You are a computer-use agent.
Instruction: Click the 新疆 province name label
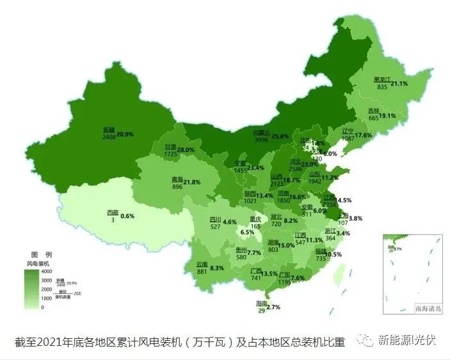coord(109,129)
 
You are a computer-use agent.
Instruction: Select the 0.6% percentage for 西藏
coord(127,216)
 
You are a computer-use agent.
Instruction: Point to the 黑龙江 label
coord(382,80)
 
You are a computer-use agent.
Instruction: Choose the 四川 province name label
coord(215,220)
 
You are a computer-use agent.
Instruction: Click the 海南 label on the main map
coord(262,303)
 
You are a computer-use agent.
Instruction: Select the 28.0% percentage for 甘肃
coord(185,150)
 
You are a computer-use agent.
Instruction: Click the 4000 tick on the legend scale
coord(47,272)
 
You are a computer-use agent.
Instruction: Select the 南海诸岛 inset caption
coord(428,308)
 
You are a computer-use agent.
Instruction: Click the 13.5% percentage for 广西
coord(269,274)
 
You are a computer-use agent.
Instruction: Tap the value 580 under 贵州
coord(241,257)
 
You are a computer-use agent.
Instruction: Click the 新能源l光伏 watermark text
coord(408,340)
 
